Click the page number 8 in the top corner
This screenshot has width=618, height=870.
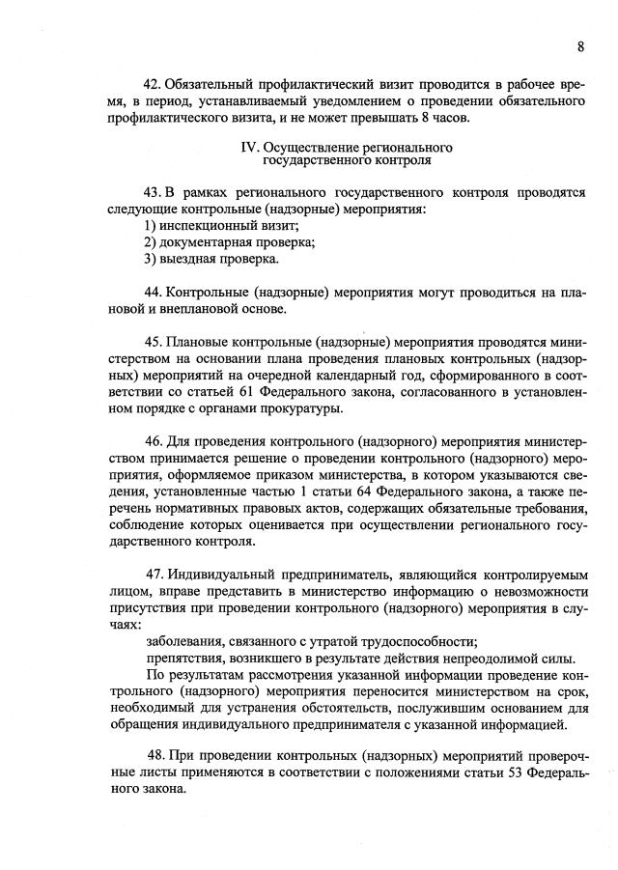coord(581,46)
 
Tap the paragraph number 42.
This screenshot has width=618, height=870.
coord(151,84)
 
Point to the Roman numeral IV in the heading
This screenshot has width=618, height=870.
coord(247,148)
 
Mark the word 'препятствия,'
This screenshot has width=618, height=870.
coord(183,659)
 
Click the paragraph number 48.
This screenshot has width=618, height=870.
coord(156,753)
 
